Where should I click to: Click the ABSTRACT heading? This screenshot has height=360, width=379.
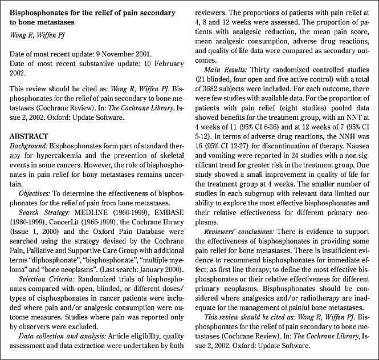(29, 136)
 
